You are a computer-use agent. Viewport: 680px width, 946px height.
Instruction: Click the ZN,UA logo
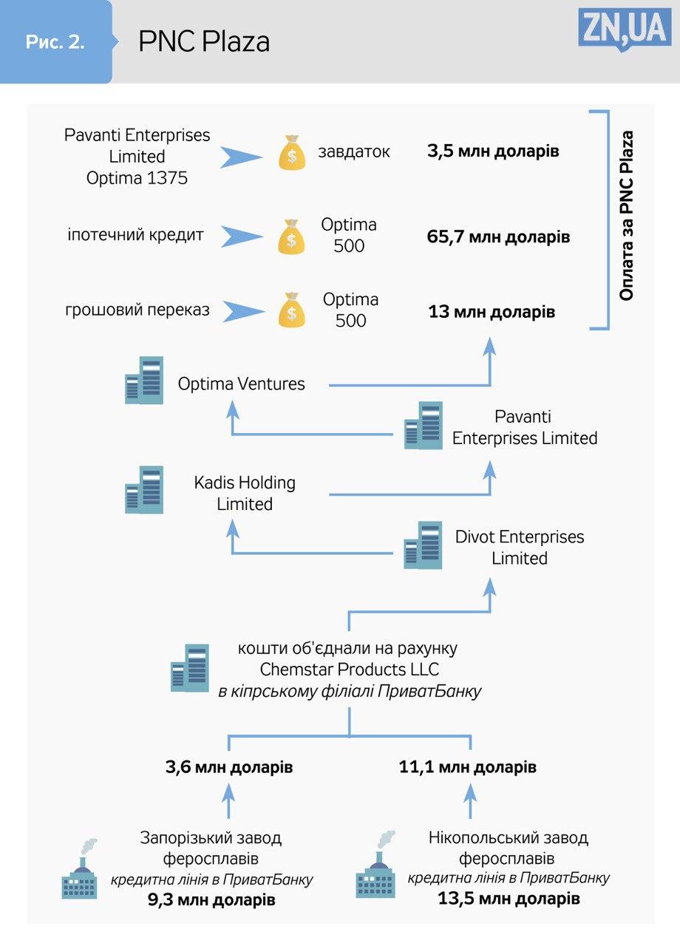click(x=625, y=30)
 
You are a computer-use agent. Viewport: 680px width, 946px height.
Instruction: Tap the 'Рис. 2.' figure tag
click(x=55, y=42)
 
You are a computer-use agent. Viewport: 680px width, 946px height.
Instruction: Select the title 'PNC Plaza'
click(x=204, y=42)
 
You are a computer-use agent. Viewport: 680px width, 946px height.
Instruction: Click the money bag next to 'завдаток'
click(x=292, y=152)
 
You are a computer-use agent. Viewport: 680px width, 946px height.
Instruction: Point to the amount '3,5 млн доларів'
click(x=493, y=152)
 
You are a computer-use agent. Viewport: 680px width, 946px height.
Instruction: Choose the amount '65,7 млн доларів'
click(x=498, y=237)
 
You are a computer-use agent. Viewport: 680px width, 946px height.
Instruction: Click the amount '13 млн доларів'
click(x=492, y=311)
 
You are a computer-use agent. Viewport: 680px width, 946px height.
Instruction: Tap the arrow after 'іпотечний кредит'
click(x=242, y=236)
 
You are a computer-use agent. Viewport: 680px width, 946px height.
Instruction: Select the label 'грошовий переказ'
click(x=137, y=310)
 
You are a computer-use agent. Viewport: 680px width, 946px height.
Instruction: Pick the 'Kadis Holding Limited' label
click(x=245, y=493)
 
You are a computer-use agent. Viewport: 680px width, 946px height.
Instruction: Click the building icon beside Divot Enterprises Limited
click(x=423, y=545)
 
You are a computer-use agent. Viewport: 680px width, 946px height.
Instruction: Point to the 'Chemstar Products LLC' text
click(x=350, y=670)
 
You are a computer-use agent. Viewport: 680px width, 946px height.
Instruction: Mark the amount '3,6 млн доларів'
click(x=229, y=767)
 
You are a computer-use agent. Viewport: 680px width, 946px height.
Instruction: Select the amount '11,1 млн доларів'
click(x=468, y=767)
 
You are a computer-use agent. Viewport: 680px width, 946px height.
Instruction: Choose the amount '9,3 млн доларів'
click(x=211, y=900)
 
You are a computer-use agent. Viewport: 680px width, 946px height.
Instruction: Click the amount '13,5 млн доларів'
click(x=509, y=899)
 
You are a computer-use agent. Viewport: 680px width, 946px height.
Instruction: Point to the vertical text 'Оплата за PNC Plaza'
click(x=627, y=216)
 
